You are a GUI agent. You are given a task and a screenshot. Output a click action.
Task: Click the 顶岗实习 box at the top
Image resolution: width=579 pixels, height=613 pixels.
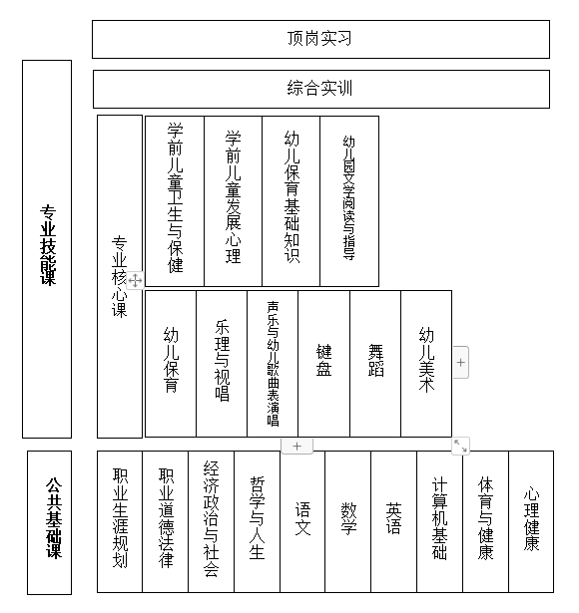[x=320, y=40]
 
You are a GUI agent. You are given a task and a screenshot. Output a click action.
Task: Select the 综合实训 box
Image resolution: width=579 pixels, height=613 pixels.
[x=321, y=89]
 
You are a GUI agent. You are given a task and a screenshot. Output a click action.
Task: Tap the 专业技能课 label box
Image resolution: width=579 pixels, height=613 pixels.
[x=47, y=249]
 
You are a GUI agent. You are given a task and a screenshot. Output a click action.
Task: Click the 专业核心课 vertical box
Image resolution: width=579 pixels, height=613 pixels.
[x=120, y=276]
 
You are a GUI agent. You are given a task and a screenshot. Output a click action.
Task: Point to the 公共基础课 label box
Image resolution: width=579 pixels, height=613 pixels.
[x=49, y=522]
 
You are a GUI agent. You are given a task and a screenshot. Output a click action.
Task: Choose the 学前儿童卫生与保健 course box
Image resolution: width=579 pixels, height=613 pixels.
[x=175, y=201]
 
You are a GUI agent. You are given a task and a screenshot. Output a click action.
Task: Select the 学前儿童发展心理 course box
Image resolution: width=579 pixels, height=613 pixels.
[x=233, y=201]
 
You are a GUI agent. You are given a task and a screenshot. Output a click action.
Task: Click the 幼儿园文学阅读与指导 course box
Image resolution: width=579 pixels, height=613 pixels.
[x=349, y=201]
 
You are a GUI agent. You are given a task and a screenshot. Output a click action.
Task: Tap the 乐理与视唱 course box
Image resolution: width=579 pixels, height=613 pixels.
[x=222, y=364]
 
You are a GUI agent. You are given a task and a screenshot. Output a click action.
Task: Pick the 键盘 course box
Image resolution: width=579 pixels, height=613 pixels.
[x=323, y=364]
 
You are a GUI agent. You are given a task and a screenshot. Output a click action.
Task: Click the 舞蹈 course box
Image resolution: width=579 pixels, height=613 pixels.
[x=375, y=364]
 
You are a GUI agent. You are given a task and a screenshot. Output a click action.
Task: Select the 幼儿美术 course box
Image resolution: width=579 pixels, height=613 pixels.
[x=426, y=364]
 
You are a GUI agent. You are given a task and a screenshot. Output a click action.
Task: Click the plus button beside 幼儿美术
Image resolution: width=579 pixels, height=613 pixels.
[x=461, y=363]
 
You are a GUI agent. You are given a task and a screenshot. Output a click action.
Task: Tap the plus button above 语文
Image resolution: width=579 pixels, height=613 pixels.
[x=297, y=447]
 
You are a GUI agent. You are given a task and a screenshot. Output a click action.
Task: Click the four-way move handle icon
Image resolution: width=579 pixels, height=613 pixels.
[x=135, y=280]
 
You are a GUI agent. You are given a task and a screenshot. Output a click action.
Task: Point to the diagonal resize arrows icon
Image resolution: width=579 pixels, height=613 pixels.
[x=460, y=447]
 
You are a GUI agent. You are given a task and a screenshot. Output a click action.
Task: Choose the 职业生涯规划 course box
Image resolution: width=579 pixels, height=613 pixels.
[x=120, y=521]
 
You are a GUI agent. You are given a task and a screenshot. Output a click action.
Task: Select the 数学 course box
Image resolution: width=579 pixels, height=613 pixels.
[x=347, y=521]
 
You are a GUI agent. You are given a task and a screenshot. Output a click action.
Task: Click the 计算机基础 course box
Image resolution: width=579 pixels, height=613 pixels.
[x=439, y=521]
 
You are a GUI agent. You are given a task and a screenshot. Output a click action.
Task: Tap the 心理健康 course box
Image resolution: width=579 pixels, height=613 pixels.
[x=531, y=521]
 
